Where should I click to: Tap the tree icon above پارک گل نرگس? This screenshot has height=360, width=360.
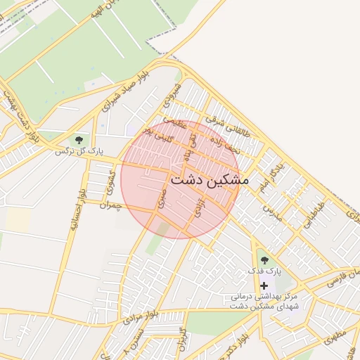[x=78, y=139]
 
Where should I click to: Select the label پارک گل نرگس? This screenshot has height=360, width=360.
[x=75, y=150]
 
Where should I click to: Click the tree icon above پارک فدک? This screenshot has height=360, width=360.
[x=264, y=260]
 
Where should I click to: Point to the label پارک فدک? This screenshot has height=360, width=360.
[x=264, y=271]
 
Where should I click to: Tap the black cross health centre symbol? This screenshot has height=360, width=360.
[x=264, y=285]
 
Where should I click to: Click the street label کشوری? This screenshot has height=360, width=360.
[x=110, y=184]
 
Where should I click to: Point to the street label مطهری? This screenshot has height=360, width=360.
[x=335, y=337]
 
